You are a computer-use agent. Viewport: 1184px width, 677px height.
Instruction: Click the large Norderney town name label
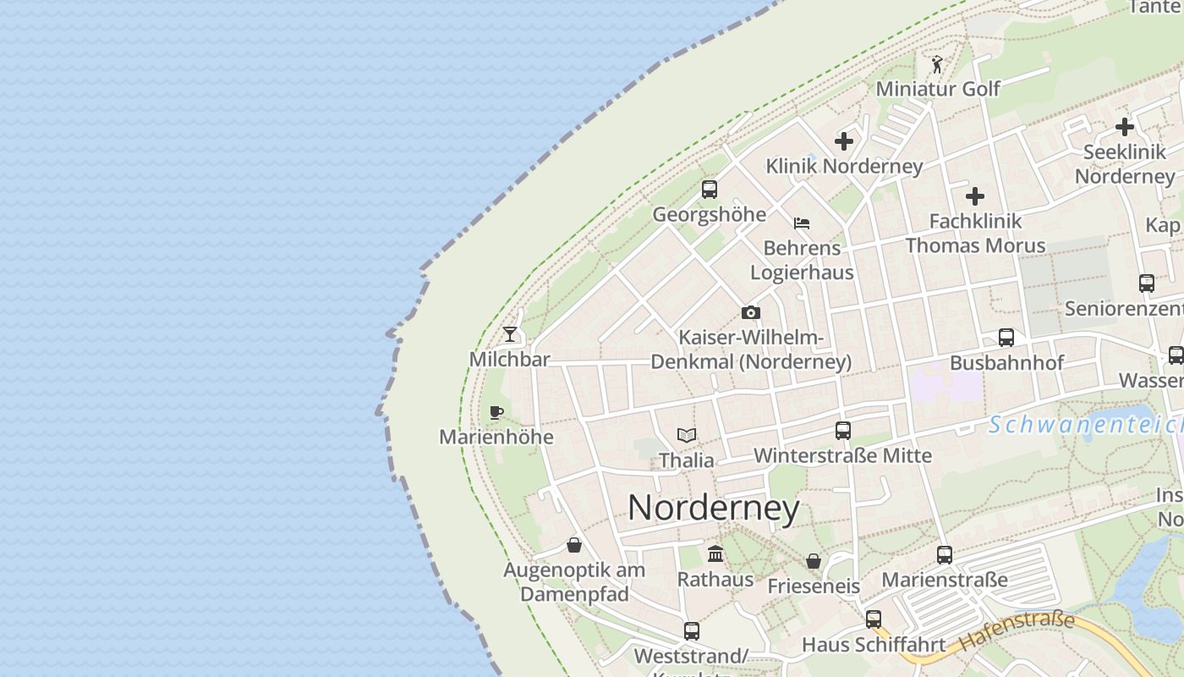point(714,508)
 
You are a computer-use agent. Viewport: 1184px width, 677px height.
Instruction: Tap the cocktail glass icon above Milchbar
point(509,334)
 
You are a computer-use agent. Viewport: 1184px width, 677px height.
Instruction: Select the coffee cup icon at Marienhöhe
point(496,412)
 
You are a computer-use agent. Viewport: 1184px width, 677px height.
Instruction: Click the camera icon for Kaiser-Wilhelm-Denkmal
point(750,312)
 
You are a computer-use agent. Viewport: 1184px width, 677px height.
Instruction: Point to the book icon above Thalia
point(687,435)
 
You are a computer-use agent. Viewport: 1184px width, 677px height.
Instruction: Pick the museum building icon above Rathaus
point(715,554)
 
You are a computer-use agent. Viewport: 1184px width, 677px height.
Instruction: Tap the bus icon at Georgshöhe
point(709,190)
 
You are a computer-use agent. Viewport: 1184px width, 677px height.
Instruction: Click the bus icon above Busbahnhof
point(1006,338)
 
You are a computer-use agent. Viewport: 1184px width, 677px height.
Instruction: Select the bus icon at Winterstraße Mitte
point(842,430)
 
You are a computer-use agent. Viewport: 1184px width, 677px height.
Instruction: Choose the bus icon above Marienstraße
point(944,555)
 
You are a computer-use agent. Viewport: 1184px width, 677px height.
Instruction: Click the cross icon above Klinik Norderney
point(843,141)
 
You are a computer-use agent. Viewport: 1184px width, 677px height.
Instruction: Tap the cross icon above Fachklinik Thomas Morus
point(974,196)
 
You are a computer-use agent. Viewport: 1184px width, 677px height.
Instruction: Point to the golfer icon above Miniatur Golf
point(936,64)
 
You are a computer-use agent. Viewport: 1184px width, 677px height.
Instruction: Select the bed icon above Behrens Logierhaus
point(801,223)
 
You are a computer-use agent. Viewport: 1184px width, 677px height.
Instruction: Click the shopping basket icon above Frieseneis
point(813,561)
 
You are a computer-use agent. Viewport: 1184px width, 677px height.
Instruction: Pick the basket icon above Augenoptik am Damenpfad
point(573,545)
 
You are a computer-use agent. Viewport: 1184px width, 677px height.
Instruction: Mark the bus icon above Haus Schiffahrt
point(873,619)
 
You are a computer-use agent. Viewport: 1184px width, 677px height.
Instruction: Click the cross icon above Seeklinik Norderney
point(1124,127)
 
